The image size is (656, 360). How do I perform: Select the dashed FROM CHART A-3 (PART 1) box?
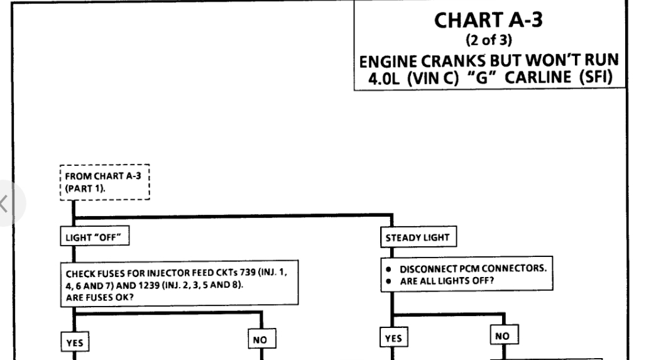104,182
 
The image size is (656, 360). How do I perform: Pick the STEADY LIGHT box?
419,237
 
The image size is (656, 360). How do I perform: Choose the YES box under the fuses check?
73,342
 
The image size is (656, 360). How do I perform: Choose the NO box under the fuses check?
260,340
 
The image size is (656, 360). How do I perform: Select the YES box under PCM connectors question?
393,339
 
